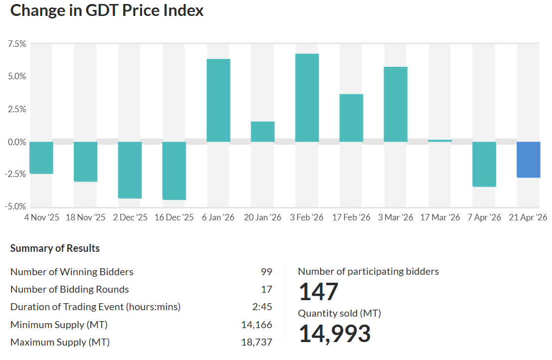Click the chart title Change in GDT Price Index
(107, 10)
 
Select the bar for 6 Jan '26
(218, 100)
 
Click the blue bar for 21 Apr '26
(528, 160)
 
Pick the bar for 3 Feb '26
(307, 98)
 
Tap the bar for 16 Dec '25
(174, 171)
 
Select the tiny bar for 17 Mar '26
(440, 141)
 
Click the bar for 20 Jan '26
(263, 132)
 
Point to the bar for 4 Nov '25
(41, 158)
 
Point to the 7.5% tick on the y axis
(17, 44)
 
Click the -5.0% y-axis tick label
(16, 206)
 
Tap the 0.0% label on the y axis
(17, 142)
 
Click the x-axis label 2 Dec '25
(130, 217)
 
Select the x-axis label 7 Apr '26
(484, 217)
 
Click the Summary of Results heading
(55, 248)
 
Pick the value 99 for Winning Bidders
(266, 272)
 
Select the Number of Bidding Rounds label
(69, 289)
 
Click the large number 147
(319, 292)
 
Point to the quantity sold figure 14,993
(335, 333)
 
